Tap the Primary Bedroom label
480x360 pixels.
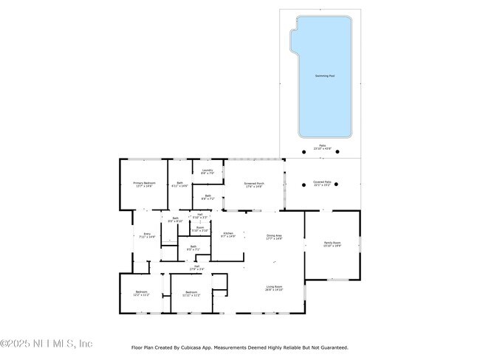click(x=144, y=184)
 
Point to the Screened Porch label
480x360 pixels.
click(x=254, y=184)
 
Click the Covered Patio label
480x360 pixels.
click(x=323, y=182)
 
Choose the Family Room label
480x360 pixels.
click(x=332, y=244)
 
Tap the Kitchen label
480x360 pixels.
click(x=229, y=235)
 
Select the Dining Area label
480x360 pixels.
click(x=274, y=237)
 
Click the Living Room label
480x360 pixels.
click(x=274, y=288)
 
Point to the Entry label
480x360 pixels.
click(x=146, y=235)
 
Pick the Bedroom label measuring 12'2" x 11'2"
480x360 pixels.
click(x=142, y=293)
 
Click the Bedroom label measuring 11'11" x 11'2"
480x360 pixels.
click(x=191, y=293)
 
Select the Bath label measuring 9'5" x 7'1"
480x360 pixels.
click(x=193, y=248)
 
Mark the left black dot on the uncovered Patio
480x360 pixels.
click(x=304, y=152)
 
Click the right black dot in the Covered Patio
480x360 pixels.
click(x=337, y=184)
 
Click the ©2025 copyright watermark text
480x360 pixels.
click(x=46, y=344)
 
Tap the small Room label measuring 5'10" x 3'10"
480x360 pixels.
click(x=200, y=229)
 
